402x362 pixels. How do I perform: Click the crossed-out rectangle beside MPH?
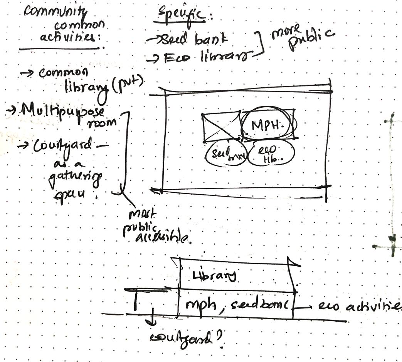[x=221, y=127]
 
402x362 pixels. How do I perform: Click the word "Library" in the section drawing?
[x=215, y=275]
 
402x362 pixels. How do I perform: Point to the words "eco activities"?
[x=358, y=307]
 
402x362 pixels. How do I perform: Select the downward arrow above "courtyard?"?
[x=153, y=314]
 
